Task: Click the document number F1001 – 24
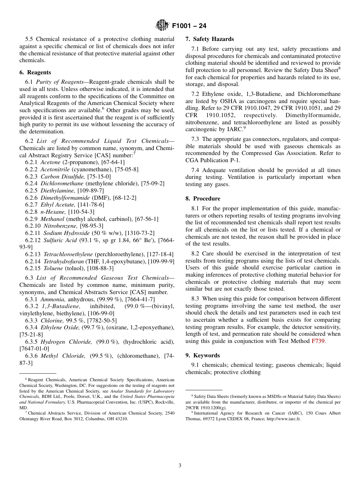tap(189, 26)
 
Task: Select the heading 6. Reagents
tap(35, 72)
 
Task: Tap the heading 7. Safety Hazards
tap(210, 39)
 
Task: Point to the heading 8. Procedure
tap(203, 199)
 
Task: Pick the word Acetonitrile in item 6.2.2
tap(55, 170)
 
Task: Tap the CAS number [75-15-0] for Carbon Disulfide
tap(99, 177)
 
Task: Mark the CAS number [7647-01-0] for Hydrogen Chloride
tap(34, 349)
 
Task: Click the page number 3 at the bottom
tap(180, 465)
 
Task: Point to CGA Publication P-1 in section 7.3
tap(212, 160)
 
